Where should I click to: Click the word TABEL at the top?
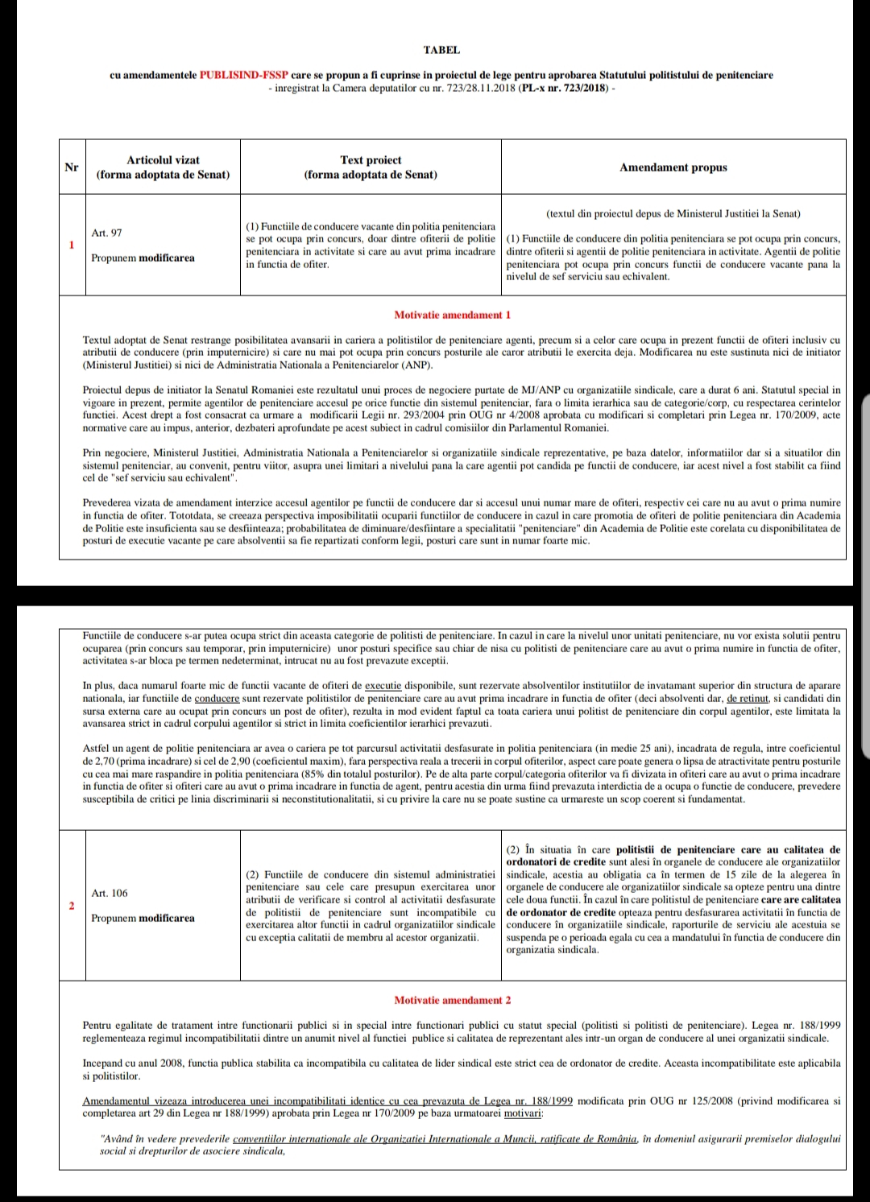441,50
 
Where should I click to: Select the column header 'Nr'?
72,167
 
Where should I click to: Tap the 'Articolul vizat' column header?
163,167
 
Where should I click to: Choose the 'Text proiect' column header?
371,167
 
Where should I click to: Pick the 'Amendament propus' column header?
673,167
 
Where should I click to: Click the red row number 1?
72,245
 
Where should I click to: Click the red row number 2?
72,906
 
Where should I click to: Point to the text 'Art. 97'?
107,233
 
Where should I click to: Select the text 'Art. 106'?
110,893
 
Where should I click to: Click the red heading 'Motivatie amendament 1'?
452,315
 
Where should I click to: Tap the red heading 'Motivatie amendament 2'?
452,1000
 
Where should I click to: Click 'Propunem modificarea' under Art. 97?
143,258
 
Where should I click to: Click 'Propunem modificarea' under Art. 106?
143,918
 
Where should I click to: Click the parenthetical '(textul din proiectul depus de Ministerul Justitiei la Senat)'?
673,213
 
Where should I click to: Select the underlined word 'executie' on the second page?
383,686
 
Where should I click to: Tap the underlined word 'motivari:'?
524,1113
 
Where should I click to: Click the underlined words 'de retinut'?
749,698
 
